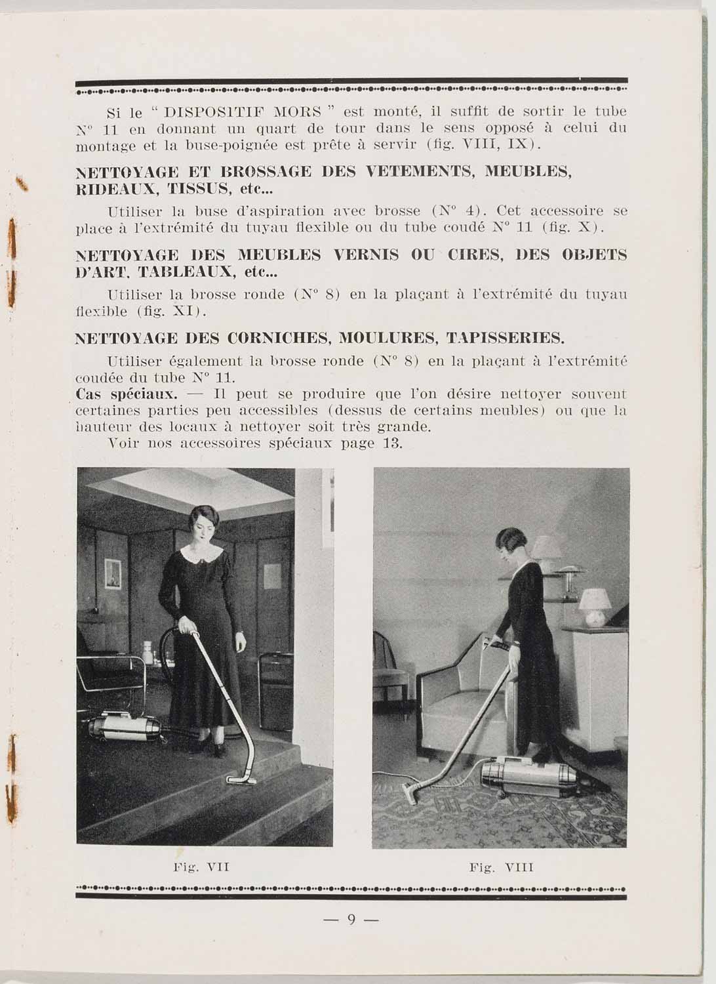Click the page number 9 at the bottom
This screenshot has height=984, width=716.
coord(351,920)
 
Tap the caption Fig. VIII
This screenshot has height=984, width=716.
coord(502,867)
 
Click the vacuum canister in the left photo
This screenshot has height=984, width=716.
coord(125,727)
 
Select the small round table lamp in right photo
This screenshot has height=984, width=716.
coord(595,606)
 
